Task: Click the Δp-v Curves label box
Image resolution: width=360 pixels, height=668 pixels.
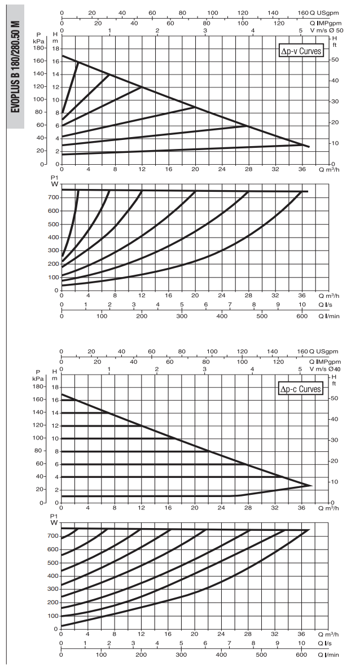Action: [300, 51]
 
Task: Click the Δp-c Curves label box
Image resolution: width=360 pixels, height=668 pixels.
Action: [300, 389]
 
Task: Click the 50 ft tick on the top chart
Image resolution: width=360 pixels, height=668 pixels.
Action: [335, 60]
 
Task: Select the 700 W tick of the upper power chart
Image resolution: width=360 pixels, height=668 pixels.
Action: [53, 197]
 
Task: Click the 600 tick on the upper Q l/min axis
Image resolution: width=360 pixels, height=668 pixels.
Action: [302, 316]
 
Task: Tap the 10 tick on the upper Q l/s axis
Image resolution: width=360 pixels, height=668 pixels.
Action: [302, 305]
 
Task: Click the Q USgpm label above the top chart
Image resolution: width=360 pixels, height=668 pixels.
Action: [324, 13]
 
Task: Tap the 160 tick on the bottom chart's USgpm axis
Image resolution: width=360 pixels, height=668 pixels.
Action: [302, 351]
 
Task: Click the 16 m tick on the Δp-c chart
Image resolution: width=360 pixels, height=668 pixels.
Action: [55, 400]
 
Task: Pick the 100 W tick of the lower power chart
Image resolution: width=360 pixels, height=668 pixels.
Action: [52, 616]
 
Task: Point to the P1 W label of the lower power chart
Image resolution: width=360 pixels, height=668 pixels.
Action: [54, 519]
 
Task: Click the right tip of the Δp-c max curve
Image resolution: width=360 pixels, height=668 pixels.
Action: [312, 485]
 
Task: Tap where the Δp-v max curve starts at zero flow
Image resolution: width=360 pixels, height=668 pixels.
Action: [62, 56]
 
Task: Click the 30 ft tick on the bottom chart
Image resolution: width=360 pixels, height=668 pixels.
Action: [335, 440]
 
